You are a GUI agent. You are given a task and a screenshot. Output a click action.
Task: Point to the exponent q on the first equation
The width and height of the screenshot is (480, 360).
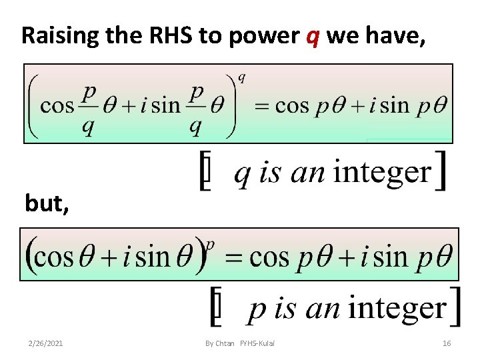coord(241,78)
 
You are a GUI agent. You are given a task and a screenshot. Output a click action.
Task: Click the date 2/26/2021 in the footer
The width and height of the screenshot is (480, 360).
coord(46,343)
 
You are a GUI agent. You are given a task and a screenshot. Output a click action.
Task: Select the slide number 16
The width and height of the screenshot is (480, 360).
coord(447,343)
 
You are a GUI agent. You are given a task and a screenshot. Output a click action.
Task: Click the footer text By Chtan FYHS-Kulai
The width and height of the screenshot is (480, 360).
coord(239,343)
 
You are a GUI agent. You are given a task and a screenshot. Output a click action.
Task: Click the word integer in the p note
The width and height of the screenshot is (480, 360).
coord(397,308)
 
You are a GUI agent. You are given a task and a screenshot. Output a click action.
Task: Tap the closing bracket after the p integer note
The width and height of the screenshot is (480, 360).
coord(455,307)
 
